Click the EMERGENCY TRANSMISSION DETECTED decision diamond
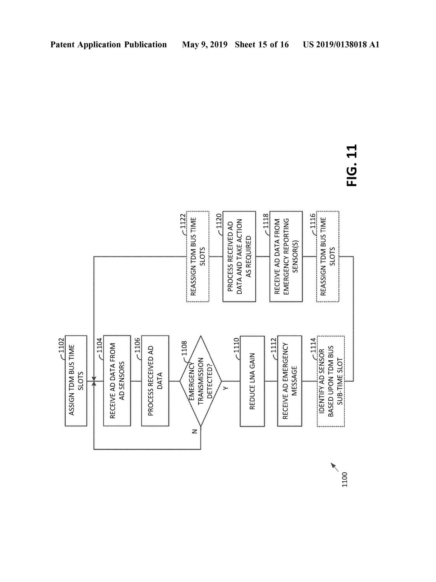coord(201,381)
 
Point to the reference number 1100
coord(344,479)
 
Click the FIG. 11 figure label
coord(352,165)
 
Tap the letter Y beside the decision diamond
coord(225,388)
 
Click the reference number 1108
coord(184,348)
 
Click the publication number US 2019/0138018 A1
coord(341,45)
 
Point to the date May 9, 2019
coord(205,45)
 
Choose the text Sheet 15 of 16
coord(262,45)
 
